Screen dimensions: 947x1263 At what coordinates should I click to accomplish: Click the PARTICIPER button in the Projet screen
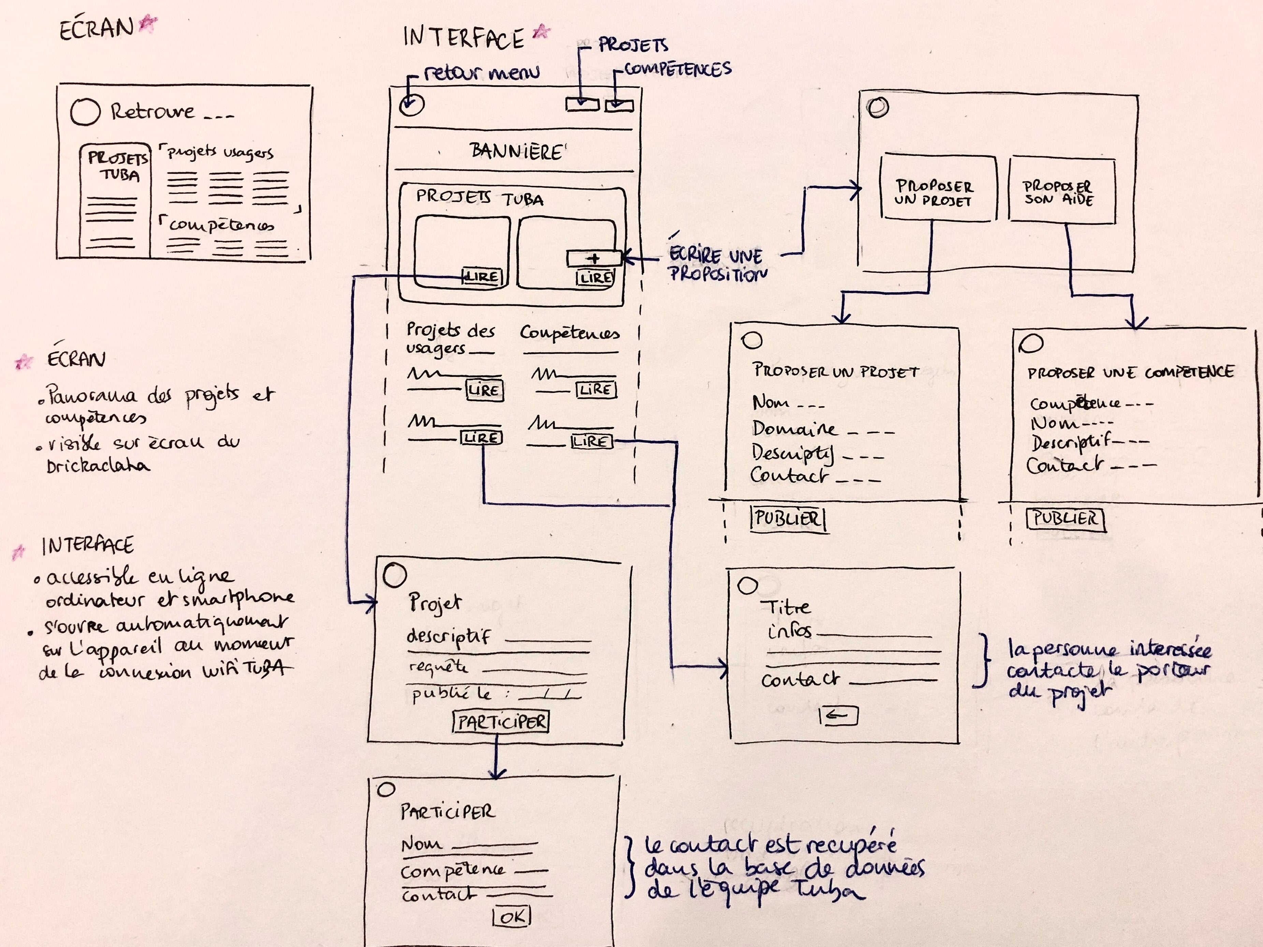[x=501, y=722]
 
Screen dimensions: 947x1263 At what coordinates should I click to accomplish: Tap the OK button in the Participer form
[x=512, y=917]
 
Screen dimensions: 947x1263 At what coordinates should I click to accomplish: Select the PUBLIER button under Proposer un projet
[x=788, y=519]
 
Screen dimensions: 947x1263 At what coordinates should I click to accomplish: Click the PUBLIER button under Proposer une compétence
[x=1066, y=519]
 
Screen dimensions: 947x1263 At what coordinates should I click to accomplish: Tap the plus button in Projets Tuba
[x=594, y=258]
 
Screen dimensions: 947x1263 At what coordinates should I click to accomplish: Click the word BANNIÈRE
[x=516, y=151]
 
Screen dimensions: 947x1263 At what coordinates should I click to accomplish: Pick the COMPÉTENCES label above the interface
[x=677, y=70]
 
